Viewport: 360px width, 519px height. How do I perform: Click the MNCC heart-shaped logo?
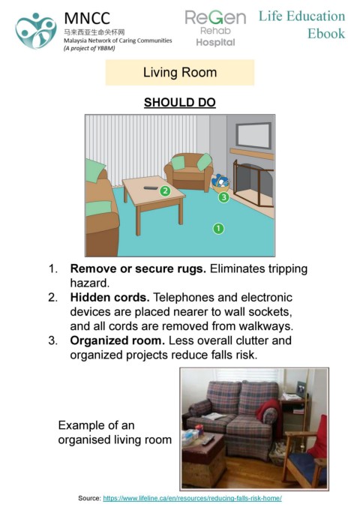[x=36, y=31]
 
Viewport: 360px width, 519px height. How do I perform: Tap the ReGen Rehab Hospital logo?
[x=215, y=28]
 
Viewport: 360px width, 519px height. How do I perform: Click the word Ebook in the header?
[x=326, y=34]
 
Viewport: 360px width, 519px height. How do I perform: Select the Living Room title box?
[x=180, y=73]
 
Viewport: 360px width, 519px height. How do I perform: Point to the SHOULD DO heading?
[x=180, y=102]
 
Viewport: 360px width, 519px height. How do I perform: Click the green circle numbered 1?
[x=218, y=229]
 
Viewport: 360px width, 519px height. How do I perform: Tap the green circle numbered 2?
[x=165, y=190]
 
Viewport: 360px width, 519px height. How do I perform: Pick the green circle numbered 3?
[x=224, y=197]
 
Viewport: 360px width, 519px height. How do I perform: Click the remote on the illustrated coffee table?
[x=151, y=188]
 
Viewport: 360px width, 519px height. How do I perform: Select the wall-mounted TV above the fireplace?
[x=253, y=135]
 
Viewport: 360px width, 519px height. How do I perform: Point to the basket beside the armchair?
[x=220, y=184]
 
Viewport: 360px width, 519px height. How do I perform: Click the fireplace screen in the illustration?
[x=253, y=183]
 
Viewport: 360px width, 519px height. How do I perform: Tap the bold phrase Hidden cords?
[x=109, y=297]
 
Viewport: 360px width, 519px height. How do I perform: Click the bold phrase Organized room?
[x=118, y=340]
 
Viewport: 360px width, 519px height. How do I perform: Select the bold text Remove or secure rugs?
[x=138, y=268]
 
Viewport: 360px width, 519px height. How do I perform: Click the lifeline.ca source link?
[x=192, y=498]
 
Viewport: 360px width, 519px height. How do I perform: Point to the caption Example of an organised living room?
[x=115, y=432]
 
